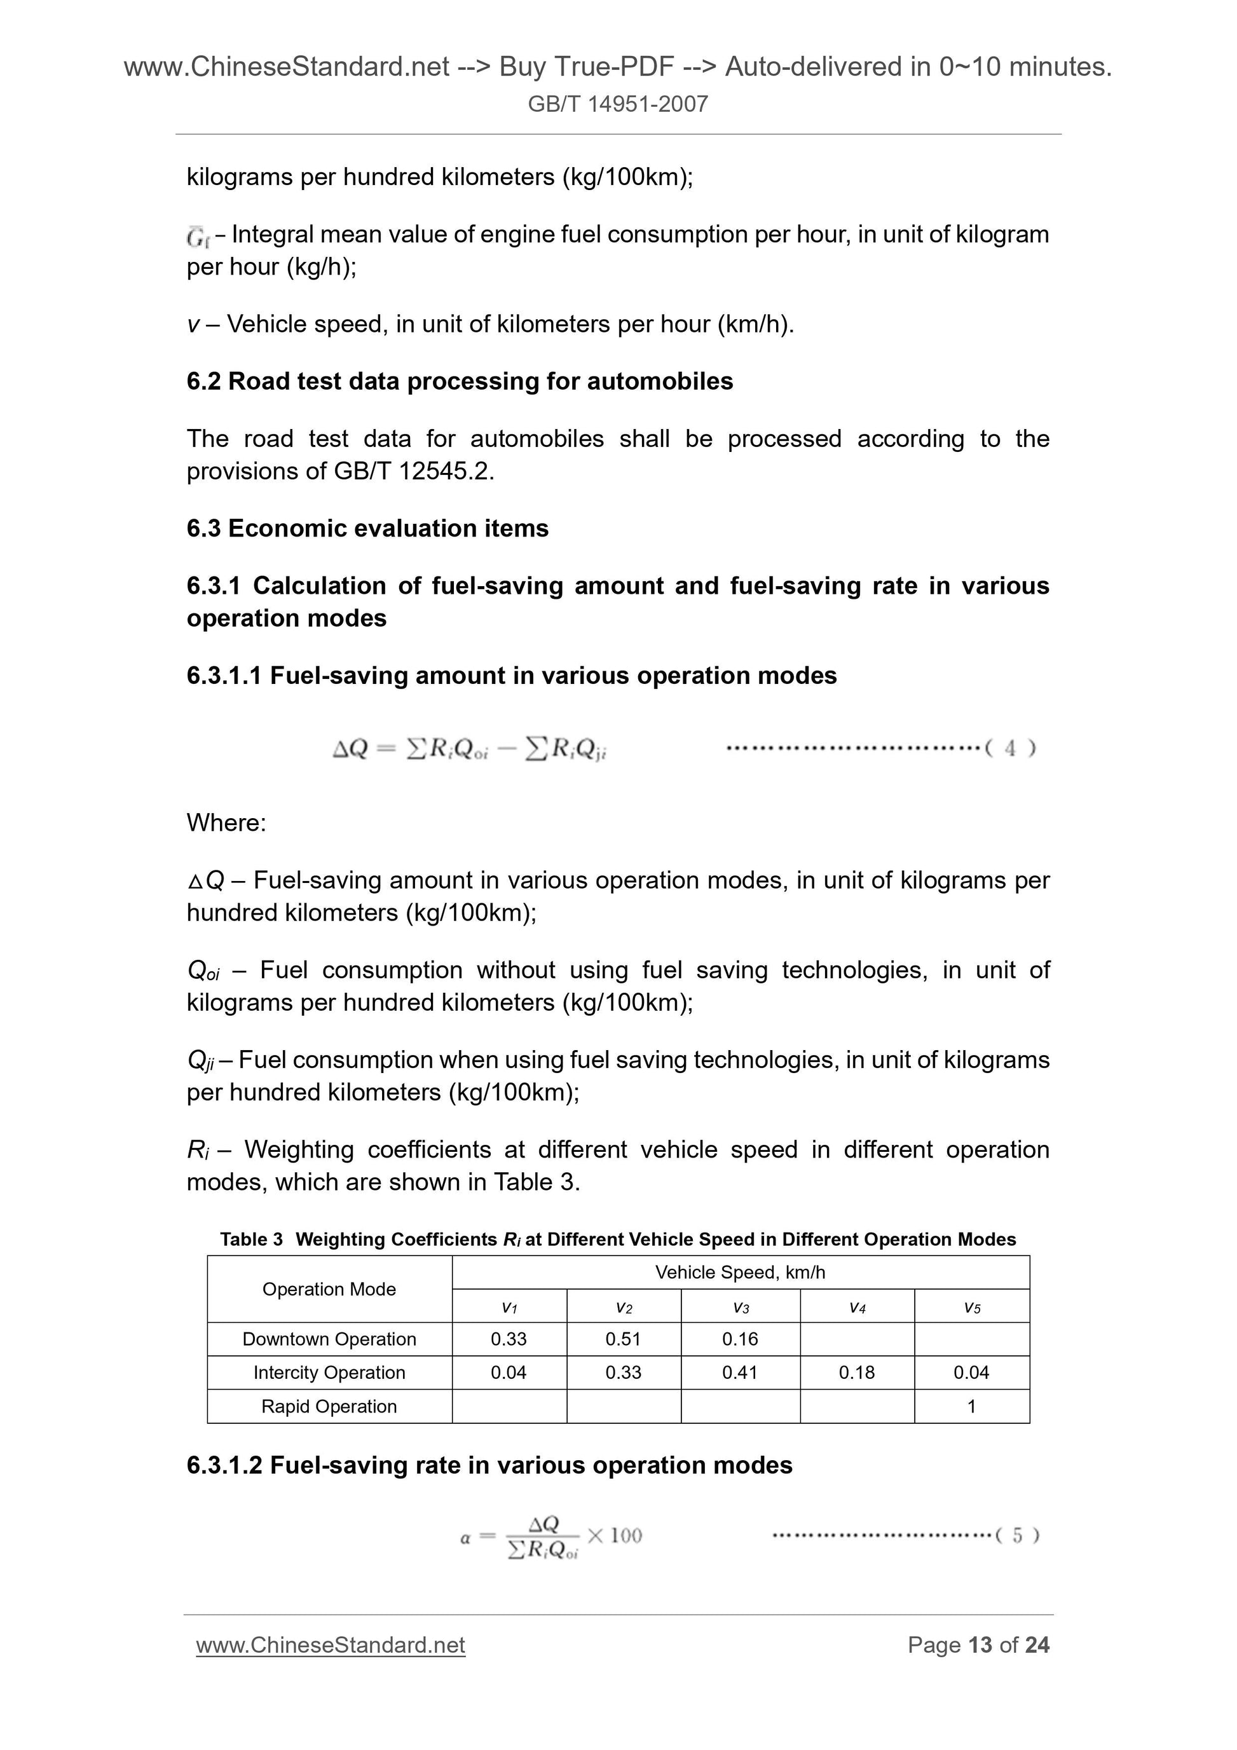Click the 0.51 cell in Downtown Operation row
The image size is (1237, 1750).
pyautogui.click(x=623, y=1339)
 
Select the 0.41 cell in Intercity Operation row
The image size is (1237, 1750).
pyautogui.click(x=739, y=1372)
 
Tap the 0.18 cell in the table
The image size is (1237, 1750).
pyautogui.click(x=857, y=1372)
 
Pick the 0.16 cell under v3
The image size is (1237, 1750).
pyautogui.click(x=739, y=1339)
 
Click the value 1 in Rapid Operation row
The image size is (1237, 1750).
pyautogui.click(x=971, y=1406)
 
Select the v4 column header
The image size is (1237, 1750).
pyautogui.click(x=857, y=1308)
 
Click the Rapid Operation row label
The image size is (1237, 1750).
pyautogui.click(x=329, y=1406)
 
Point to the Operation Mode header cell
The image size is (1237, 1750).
pyautogui.click(x=329, y=1289)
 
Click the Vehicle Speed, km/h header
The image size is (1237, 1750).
pyautogui.click(x=739, y=1272)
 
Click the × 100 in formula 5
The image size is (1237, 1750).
pyautogui.click(x=615, y=1535)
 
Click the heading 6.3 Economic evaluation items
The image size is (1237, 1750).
pyautogui.click(x=367, y=528)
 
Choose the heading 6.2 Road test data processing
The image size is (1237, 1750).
pyautogui.click(x=459, y=381)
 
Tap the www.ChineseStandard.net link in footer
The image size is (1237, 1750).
pyautogui.click(x=330, y=1645)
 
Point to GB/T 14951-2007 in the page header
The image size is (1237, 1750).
pyautogui.click(x=617, y=104)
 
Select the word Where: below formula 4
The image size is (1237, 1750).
pyautogui.click(x=226, y=823)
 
